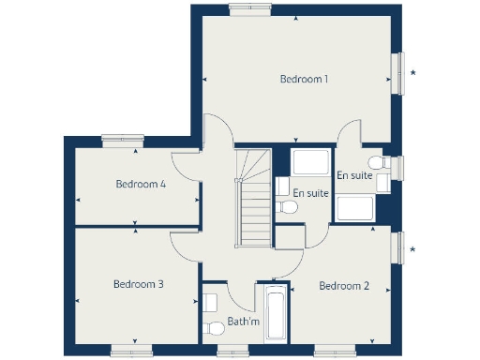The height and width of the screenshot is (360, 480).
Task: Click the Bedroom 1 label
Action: click(x=304, y=80)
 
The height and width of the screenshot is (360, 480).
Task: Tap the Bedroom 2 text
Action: click(x=343, y=286)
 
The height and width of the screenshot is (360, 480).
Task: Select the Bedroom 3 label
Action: click(x=139, y=284)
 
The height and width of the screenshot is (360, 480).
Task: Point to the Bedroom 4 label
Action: click(x=141, y=185)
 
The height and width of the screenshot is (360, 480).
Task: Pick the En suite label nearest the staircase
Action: click(x=310, y=193)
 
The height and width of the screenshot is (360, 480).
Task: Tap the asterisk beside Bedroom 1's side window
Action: click(x=413, y=72)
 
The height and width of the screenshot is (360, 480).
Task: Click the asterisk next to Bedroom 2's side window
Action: click(x=413, y=248)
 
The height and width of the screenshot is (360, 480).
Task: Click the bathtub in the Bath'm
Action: click(x=276, y=316)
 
